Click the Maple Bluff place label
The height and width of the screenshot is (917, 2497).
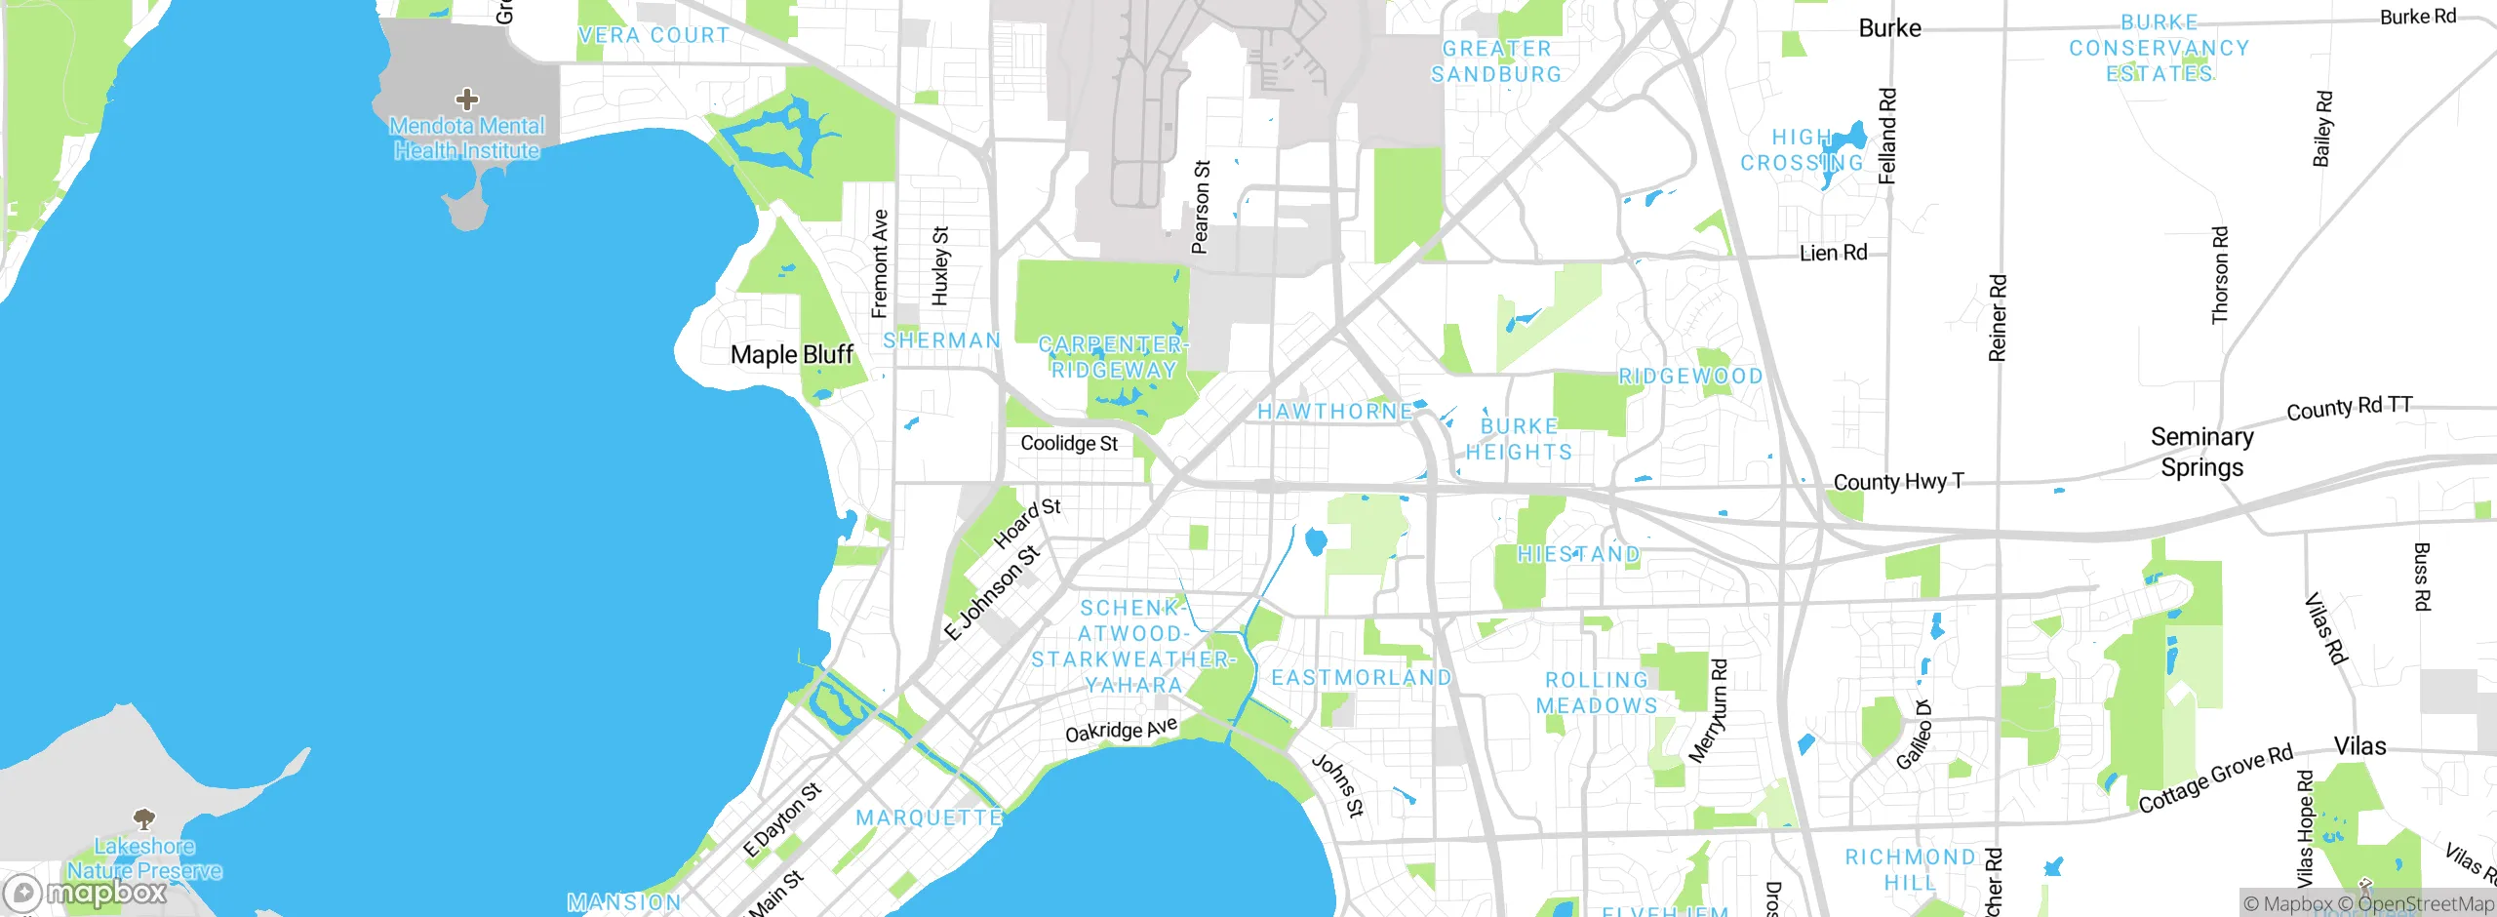coord(791,354)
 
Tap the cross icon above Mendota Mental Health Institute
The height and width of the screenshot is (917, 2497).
coord(467,99)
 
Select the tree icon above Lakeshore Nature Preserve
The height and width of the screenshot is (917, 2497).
coord(144,817)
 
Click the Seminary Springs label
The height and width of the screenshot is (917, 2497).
coord(2201,452)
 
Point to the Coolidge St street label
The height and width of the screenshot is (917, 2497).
coord(1069,443)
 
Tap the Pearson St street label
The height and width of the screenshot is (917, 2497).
coord(1201,208)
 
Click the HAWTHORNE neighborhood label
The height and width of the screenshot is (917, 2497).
coord(1334,412)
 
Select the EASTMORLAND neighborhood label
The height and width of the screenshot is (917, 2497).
coord(1361,677)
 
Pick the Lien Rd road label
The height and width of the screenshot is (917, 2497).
coord(1833,253)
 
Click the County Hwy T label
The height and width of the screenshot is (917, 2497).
coord(1898,482)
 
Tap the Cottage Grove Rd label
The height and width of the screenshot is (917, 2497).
coord(2215,778)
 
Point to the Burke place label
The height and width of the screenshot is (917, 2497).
coord(1889,28)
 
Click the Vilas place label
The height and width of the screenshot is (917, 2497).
coord(2359,746)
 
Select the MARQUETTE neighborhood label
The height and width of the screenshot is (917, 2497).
coord(929,817)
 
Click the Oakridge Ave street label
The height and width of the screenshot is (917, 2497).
coord(1121,730)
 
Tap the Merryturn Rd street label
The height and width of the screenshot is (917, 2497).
coord(1708,710)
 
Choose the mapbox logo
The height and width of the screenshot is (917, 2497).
coord(86,892)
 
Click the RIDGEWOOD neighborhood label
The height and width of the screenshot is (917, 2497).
coord(1690,376)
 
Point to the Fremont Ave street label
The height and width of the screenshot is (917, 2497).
coord(880,263)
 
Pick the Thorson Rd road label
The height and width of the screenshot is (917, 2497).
coord(2220,275)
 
